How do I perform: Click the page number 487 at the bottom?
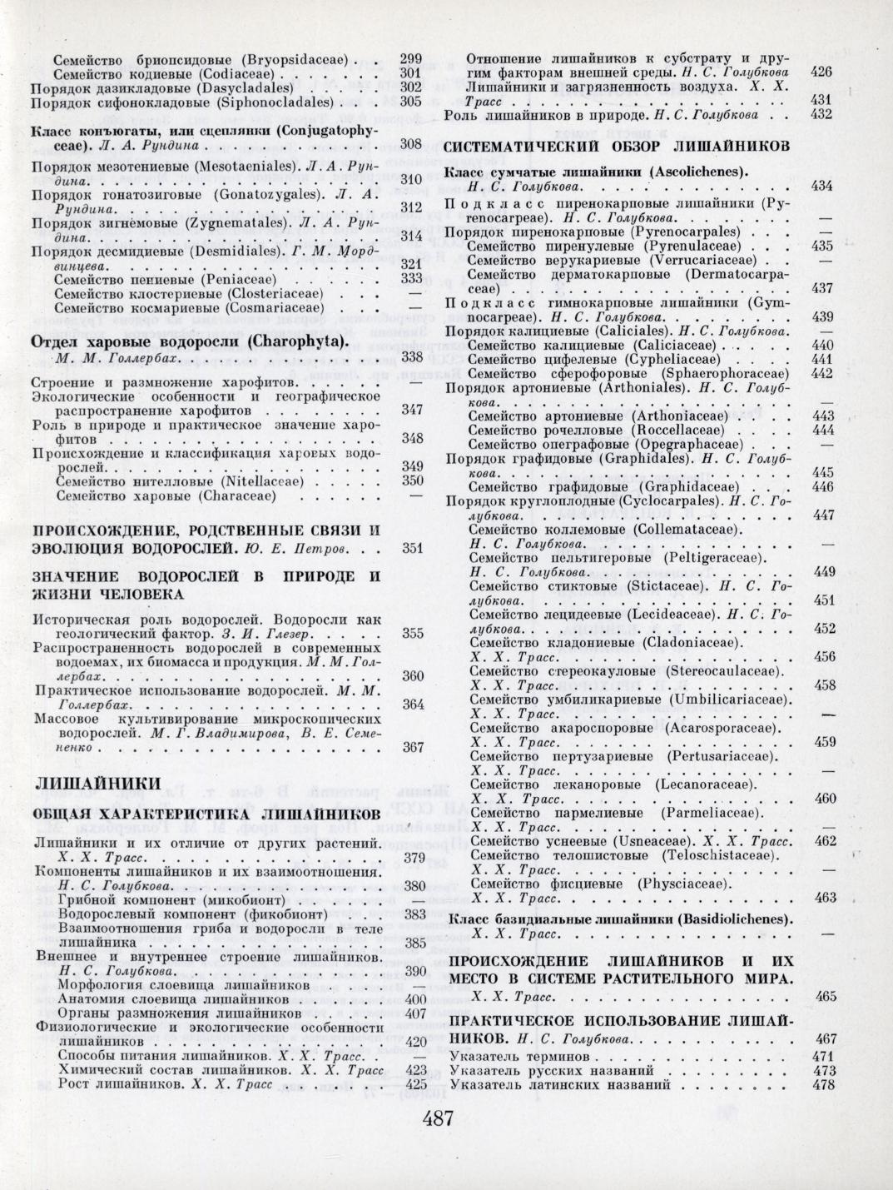436,1118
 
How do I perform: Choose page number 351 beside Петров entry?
413,548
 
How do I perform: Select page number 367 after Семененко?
413,747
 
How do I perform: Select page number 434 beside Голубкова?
821,187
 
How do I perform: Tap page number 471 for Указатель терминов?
822,1055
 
